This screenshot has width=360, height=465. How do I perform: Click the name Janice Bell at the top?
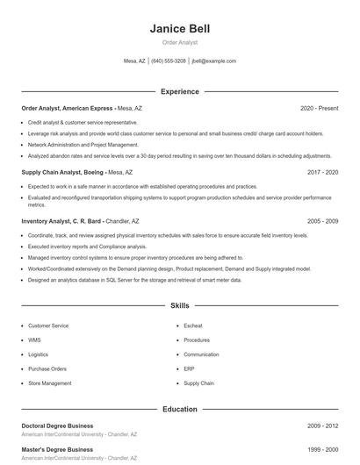180,29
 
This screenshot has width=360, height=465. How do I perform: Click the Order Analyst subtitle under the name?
180,42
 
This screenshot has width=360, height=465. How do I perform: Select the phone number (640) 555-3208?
169,61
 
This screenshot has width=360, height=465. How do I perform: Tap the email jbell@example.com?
213,61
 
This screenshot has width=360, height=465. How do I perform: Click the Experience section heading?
180,91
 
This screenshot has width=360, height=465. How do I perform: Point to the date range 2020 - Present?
319,108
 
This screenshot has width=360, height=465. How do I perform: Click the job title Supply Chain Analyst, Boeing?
67,173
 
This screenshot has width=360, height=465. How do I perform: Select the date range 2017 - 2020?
322,173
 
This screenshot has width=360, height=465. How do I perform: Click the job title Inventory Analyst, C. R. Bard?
61,221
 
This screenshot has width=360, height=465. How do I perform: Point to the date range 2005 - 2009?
322,221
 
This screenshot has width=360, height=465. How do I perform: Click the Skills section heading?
180,306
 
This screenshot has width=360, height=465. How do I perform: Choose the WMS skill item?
34,340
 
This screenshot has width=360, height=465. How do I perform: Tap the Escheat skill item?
193,325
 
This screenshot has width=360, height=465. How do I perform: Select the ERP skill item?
190,368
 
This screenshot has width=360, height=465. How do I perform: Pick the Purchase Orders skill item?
47,368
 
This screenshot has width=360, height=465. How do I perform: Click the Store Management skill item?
50,383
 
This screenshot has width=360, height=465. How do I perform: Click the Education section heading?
180,409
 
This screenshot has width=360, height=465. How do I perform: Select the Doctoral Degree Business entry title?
57,426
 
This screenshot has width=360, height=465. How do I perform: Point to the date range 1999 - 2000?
322,449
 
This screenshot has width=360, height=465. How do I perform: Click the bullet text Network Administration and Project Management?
83,144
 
